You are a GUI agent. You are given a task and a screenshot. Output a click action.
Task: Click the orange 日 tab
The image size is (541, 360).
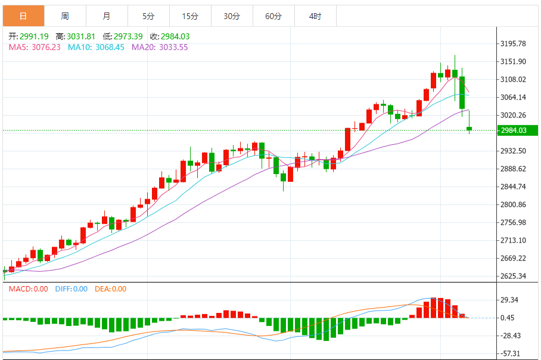coord(23,16)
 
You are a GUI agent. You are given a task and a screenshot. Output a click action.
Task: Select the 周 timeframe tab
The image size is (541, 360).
coord(64,16)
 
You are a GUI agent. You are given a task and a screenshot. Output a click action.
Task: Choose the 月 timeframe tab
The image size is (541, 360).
coord(106,16)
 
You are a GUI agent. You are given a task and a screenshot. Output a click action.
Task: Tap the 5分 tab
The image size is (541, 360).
coord(148,16)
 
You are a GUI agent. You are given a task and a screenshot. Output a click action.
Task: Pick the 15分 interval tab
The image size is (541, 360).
coord(190,16)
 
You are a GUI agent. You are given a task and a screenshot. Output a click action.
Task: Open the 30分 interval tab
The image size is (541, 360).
coord(232,16)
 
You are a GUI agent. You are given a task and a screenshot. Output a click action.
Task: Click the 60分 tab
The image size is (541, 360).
coord(273,16)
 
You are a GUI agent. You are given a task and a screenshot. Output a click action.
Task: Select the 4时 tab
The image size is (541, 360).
coord(315,16)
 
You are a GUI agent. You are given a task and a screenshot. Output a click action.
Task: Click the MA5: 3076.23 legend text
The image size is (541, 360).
coord(35,47)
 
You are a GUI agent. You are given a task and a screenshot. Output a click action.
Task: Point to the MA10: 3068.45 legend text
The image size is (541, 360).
coord(96,47)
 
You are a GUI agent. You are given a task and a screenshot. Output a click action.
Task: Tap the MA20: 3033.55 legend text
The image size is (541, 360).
coord(160,47)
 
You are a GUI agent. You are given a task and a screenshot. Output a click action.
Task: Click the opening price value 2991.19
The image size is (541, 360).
coord(34,36)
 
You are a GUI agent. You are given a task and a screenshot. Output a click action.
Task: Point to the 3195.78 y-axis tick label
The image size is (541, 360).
coord(514,44)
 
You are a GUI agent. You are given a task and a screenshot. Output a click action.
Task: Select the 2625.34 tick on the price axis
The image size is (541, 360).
coord(514,276)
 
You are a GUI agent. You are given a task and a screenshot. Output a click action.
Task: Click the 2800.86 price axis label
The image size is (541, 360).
coord(514,204)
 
